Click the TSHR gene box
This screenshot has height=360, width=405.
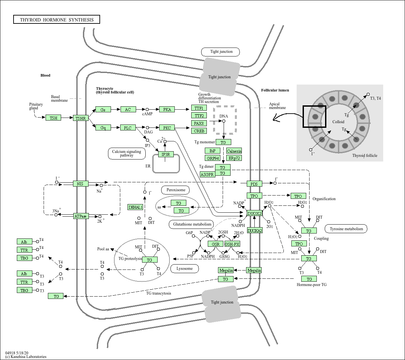coord(81,118)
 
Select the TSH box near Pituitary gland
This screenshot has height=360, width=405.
coord(54,118)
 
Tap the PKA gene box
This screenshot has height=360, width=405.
coord(167,109)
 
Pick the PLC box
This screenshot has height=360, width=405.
coord(128,127)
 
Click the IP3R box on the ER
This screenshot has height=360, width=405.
coord(166,154)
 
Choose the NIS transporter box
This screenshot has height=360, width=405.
coord(80,184)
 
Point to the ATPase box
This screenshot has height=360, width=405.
coord(81,216)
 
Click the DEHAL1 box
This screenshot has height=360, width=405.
coord(135,207)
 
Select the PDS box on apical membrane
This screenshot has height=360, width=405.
coord(254,184)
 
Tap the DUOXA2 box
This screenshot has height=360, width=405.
coord(255,231)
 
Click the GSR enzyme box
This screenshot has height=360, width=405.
coord(216,244)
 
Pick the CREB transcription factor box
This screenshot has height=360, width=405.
coord(199,131)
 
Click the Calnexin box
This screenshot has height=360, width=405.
coord(234,151)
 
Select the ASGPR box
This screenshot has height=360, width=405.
coord(207,174)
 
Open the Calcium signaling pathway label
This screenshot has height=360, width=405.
coord(127,153)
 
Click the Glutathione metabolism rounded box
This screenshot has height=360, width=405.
coord(191,225)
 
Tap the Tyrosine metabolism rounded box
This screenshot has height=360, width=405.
coord(346,229)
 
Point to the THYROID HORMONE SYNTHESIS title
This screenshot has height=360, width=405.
coord(56,20)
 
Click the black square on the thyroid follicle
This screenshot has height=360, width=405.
coord(314,117)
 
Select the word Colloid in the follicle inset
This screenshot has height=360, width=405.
coord(338,122)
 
